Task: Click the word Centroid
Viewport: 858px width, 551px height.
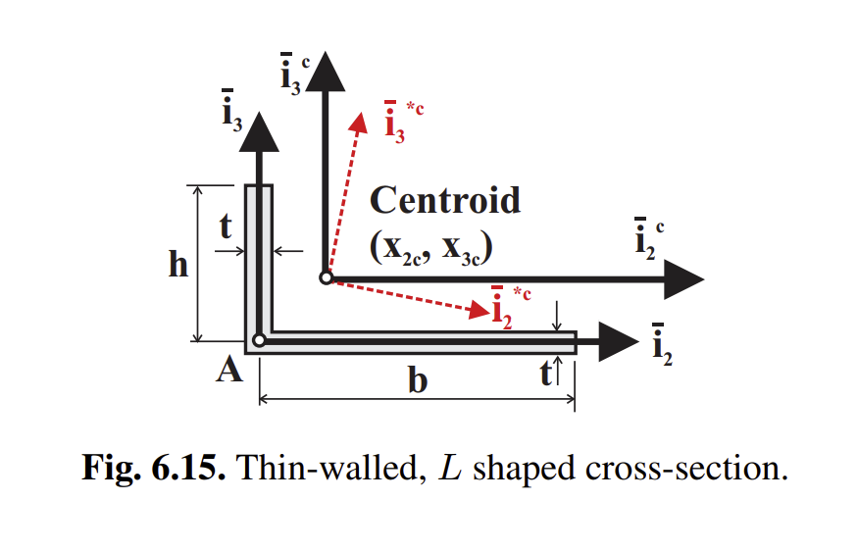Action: click(x=444, y=201)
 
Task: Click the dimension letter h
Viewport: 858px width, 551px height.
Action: click(x=177, y=265)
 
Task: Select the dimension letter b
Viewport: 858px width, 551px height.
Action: click(x=418, y=380)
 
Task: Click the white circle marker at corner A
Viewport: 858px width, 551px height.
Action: click(x=259, y=340)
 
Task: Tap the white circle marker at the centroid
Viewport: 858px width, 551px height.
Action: click(x=326, y=278)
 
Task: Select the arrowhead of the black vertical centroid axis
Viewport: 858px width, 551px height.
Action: click(x=324, y=71)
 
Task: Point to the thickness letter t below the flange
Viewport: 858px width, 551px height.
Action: click(x=546, y=374)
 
